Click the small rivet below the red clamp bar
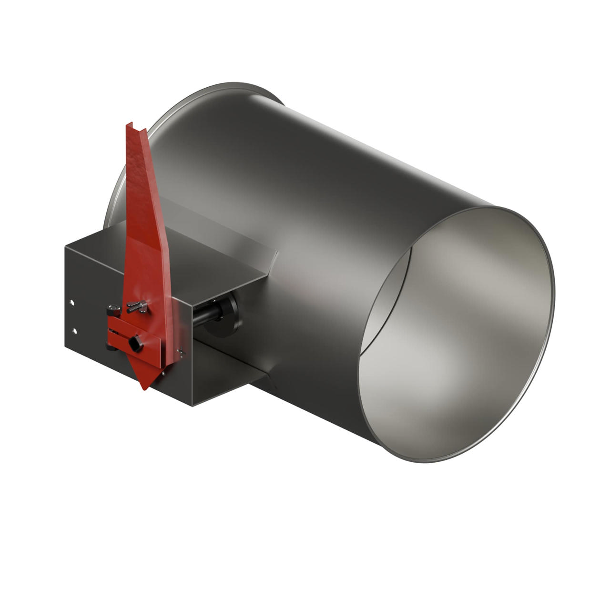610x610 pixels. pos(163,374)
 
